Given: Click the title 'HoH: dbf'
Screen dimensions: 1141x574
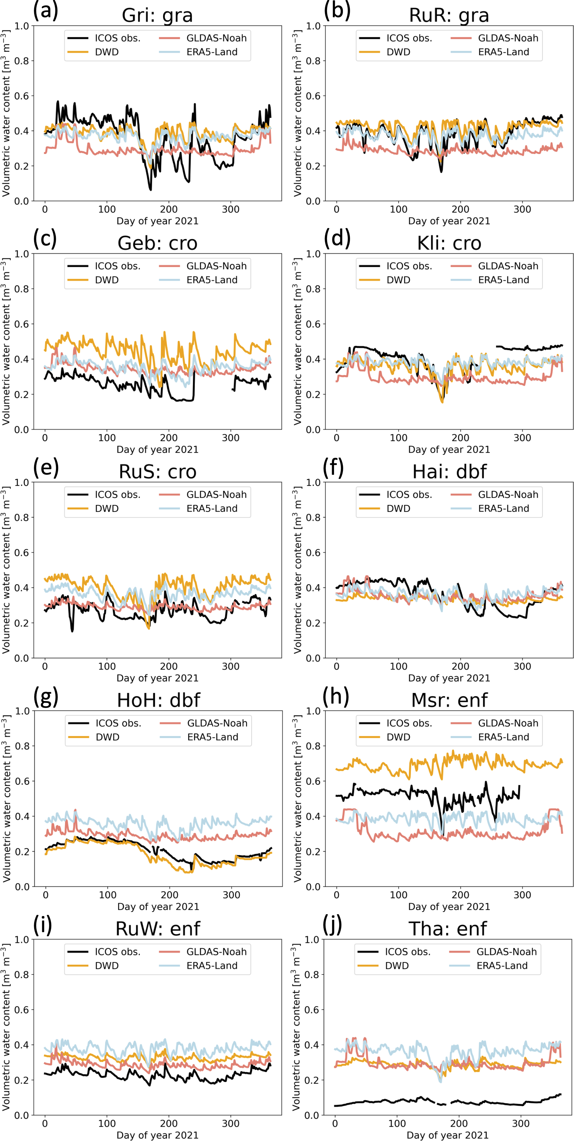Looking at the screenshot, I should click(158, 700).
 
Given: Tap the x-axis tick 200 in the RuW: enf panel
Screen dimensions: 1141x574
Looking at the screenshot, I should click(169, 1124).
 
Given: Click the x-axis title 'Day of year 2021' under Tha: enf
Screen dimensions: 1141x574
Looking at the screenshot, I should click(447, 1135).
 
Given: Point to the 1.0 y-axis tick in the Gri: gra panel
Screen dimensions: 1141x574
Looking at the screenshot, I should click(21, 26).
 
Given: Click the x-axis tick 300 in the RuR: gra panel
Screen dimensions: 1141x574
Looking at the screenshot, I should click(522, 210).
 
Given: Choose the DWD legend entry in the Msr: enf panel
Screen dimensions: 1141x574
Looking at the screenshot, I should click(398, 737).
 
